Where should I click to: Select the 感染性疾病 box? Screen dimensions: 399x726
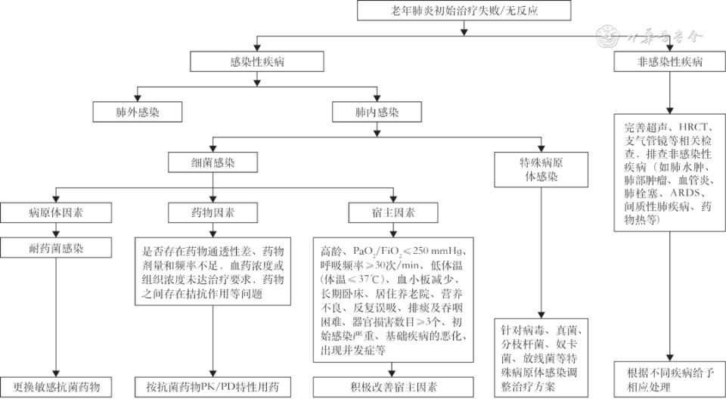pyautogui.click(x=258, y=62)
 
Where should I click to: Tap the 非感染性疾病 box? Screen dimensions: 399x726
pyautogui.click(x=669, y=62)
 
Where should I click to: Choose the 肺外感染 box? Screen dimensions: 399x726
pyautogui.click(x=138, y=113)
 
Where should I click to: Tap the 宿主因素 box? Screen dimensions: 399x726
pyautogui.click(x=392, y=212)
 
